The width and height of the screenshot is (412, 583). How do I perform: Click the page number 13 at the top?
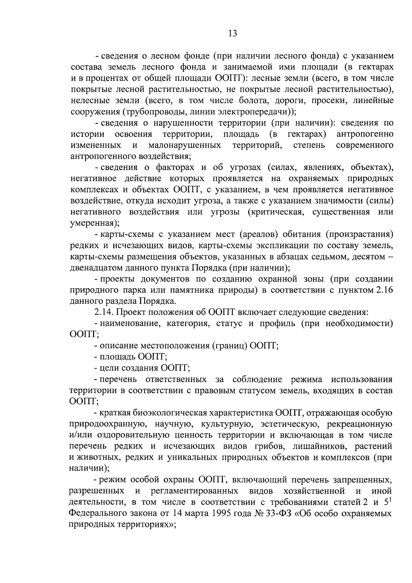pyautogui.click(x=232, y=33)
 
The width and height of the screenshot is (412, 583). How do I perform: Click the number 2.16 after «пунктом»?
pyautogui.click(x=384, y=290)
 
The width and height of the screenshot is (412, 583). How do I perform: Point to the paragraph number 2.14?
pyautogui.click(x=103, y=312)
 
